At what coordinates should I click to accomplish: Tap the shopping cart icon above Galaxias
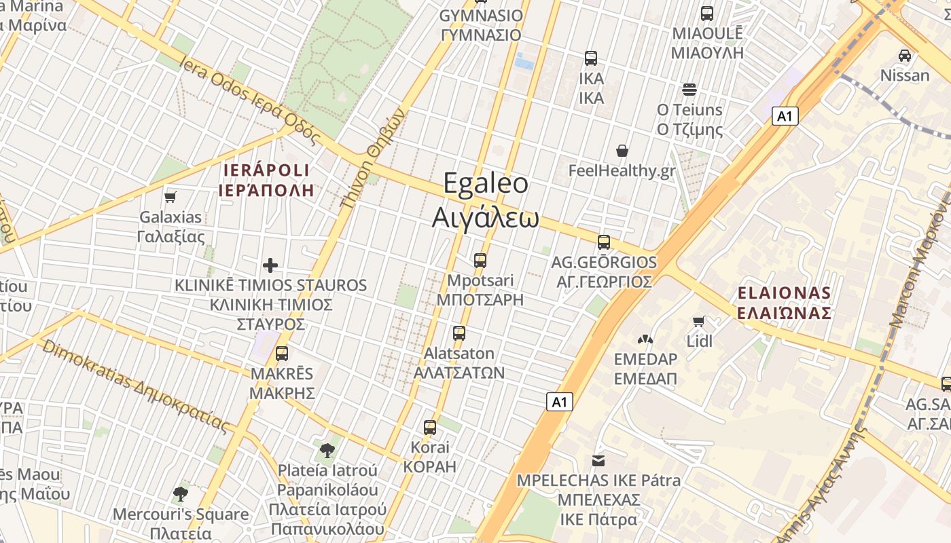(171, 197)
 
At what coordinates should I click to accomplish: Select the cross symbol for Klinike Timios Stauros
(270, 265)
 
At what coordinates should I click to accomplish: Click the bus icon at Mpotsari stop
(480, 260)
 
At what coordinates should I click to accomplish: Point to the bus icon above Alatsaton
(459, 333)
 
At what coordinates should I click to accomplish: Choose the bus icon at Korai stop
(430, 427)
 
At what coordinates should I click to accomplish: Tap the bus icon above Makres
(282, 353)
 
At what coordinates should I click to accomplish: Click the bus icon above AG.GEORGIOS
(603, 242)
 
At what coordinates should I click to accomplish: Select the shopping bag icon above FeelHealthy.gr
(622, 151)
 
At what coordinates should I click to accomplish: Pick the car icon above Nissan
(905, 56)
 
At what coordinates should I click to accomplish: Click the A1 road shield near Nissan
(785, 116)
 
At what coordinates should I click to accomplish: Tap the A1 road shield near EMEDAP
(559, 402)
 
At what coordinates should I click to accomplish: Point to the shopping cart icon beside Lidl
(698, 321)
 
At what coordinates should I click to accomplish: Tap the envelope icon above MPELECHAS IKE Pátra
(598, 461)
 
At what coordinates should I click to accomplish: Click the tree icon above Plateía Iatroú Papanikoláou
(327, 449)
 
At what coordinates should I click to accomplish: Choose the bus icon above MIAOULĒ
(707, 14)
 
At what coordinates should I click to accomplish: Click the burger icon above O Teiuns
(689, 90)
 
